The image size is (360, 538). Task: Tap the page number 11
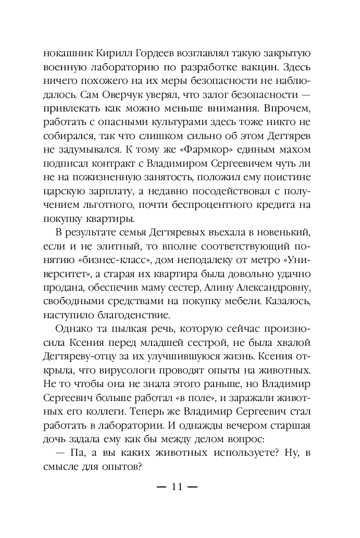(x=177, y=487)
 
